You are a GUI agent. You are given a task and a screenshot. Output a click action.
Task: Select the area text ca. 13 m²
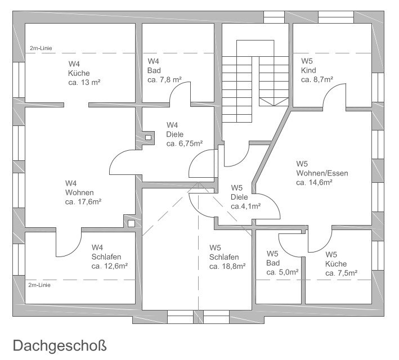pyautogui.click(x=84, y=82)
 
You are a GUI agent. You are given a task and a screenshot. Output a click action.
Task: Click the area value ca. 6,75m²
pyautogui.click(x=185, y=143)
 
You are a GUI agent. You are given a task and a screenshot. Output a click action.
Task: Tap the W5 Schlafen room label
pyautogui.click(x=223, y=252)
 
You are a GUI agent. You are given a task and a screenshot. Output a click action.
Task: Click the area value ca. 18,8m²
pyautogui.click(x=227, y=267)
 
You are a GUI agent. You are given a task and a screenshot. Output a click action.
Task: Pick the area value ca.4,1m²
pyautogui.click(x=246, y=206)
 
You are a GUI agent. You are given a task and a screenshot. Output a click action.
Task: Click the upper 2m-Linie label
pyautogui.click(x=41, y=48)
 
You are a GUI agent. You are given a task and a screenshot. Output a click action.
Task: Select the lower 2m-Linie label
pyautogui.click(x=39, y=285)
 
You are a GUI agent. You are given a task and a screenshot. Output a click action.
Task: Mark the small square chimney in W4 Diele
pyautogui.click(x=149, y=137)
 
